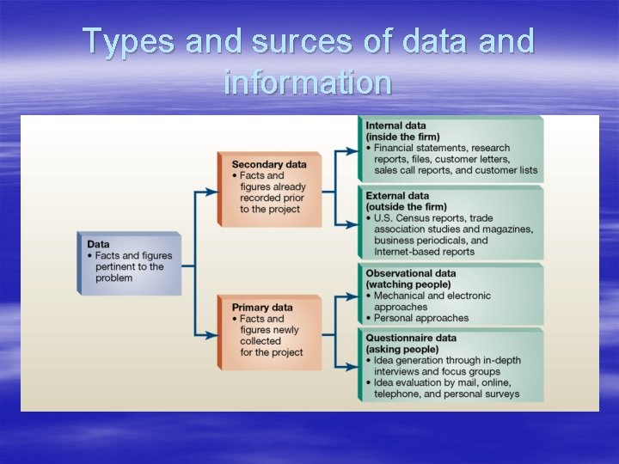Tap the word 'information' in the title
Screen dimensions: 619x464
click(308, 82)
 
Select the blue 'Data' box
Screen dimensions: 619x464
click(130, 262)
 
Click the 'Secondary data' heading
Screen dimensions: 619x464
click(268, 164)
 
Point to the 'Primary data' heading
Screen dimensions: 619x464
click(261, 308)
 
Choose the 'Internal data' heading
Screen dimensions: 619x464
click(396, 125)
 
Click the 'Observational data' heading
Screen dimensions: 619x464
click(410, 273)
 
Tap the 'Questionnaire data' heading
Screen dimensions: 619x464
click(411, 338)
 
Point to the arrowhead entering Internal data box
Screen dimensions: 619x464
click(352, 150)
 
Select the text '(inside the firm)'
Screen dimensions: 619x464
click(402, 137)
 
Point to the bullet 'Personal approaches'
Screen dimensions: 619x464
click(421, 318)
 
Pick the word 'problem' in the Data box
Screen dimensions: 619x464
click(114, 278)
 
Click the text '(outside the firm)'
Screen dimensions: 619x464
click(406, 206)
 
